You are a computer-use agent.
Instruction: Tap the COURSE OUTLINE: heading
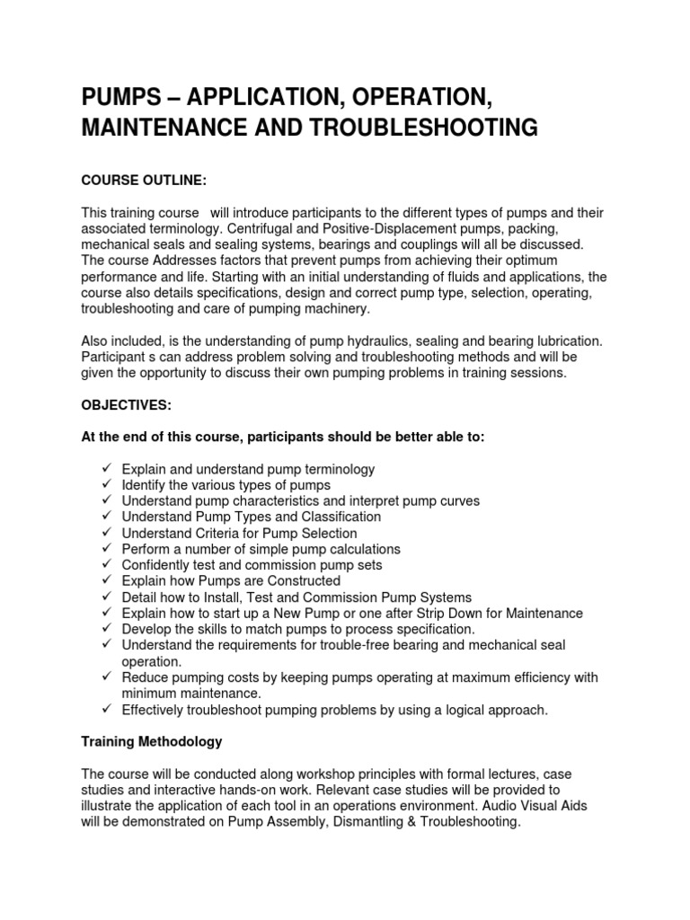point(144,181)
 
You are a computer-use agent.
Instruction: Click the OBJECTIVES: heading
point(126,405)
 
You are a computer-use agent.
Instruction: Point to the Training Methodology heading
point(152,741)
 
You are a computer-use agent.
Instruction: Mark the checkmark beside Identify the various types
point(105,485)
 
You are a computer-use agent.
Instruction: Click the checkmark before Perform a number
point(105,549)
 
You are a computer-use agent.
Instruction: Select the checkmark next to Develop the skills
point(105,629)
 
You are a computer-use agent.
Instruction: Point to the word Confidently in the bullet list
point(155,565)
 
